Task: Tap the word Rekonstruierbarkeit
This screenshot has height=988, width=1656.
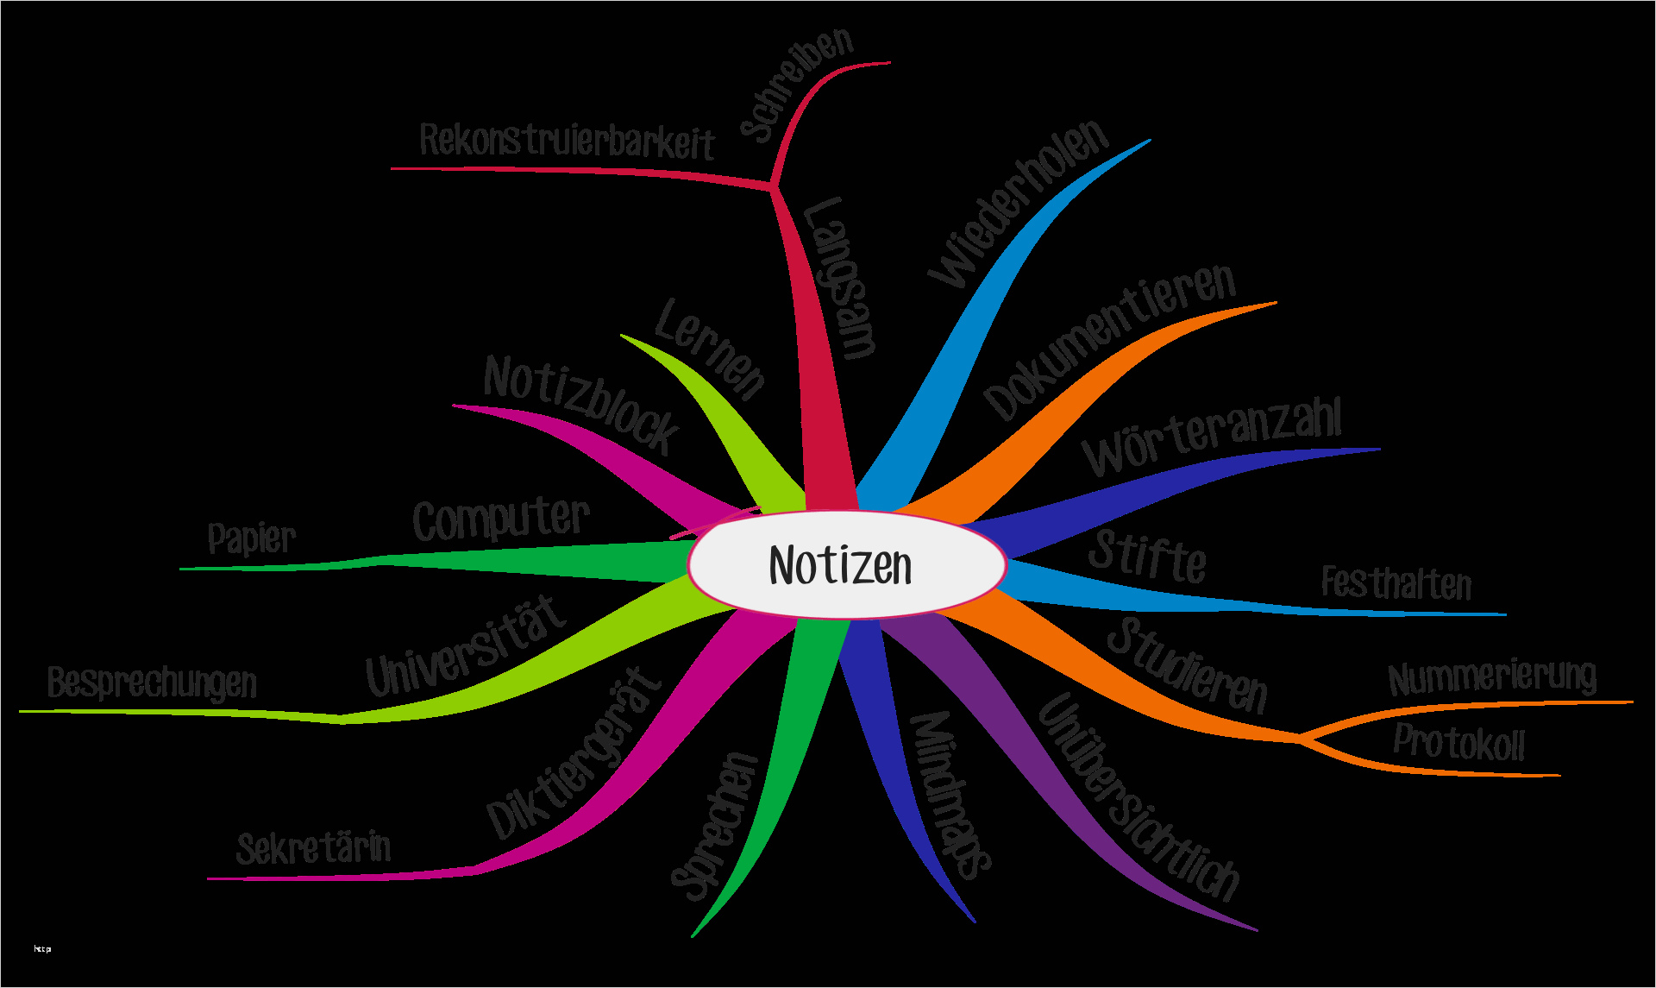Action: click(x=567, y=142)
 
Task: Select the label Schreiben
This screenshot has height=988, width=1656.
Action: click(x=797, y=84)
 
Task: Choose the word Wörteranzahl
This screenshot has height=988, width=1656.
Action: click(x=1213, y=435)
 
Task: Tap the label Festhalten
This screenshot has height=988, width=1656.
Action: click(x=1396, y=583)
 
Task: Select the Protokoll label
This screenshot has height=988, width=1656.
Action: click(x=1458, y=743)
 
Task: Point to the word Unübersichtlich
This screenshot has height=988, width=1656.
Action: click(x=1138, y=798)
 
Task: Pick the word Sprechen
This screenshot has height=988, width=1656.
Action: click(x=715, y=827)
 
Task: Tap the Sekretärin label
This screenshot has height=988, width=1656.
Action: click(x=313, y=848)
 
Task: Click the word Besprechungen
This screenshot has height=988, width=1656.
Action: click(x=152, y=683)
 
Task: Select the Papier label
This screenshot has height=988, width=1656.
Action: click(x=251, y=538)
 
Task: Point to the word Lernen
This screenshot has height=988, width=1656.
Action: click(x=710, y=349)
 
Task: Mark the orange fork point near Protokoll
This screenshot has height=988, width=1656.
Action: click(x=1300, y=738)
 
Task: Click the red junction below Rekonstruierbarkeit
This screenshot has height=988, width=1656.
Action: click(x=773, y=184)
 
